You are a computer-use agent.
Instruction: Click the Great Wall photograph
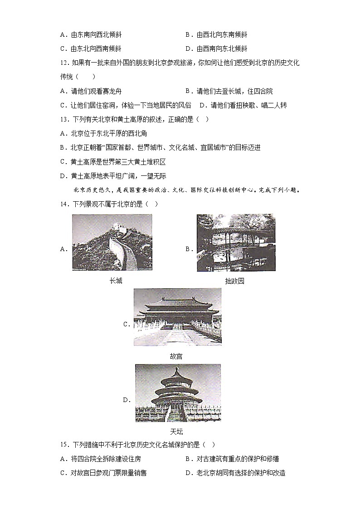pos(112,242)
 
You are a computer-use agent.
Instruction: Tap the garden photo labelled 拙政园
pos(236,243)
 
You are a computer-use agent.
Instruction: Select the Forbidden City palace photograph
pos(177,317)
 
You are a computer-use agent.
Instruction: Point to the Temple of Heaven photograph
pos(178,393)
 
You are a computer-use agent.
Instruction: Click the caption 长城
pos(116,281)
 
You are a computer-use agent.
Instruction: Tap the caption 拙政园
pos(234,281)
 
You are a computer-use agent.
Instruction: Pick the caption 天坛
pos(176,432)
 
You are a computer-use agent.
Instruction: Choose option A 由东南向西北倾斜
pos(90,34)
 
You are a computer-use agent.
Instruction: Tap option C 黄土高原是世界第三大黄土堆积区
pos(113,162)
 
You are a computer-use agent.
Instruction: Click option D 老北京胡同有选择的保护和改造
pos(235,473)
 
